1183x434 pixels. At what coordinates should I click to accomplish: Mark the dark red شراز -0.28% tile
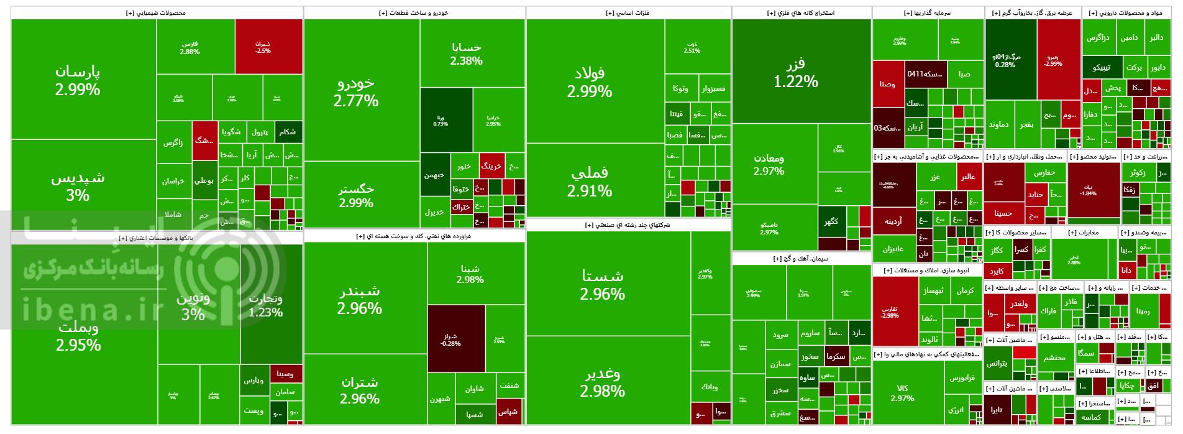point(456,338)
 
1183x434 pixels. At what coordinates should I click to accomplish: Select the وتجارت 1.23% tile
point(265,305)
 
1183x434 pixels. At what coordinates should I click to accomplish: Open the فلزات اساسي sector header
point(628,12)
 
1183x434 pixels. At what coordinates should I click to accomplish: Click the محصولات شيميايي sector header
point(157,12)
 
